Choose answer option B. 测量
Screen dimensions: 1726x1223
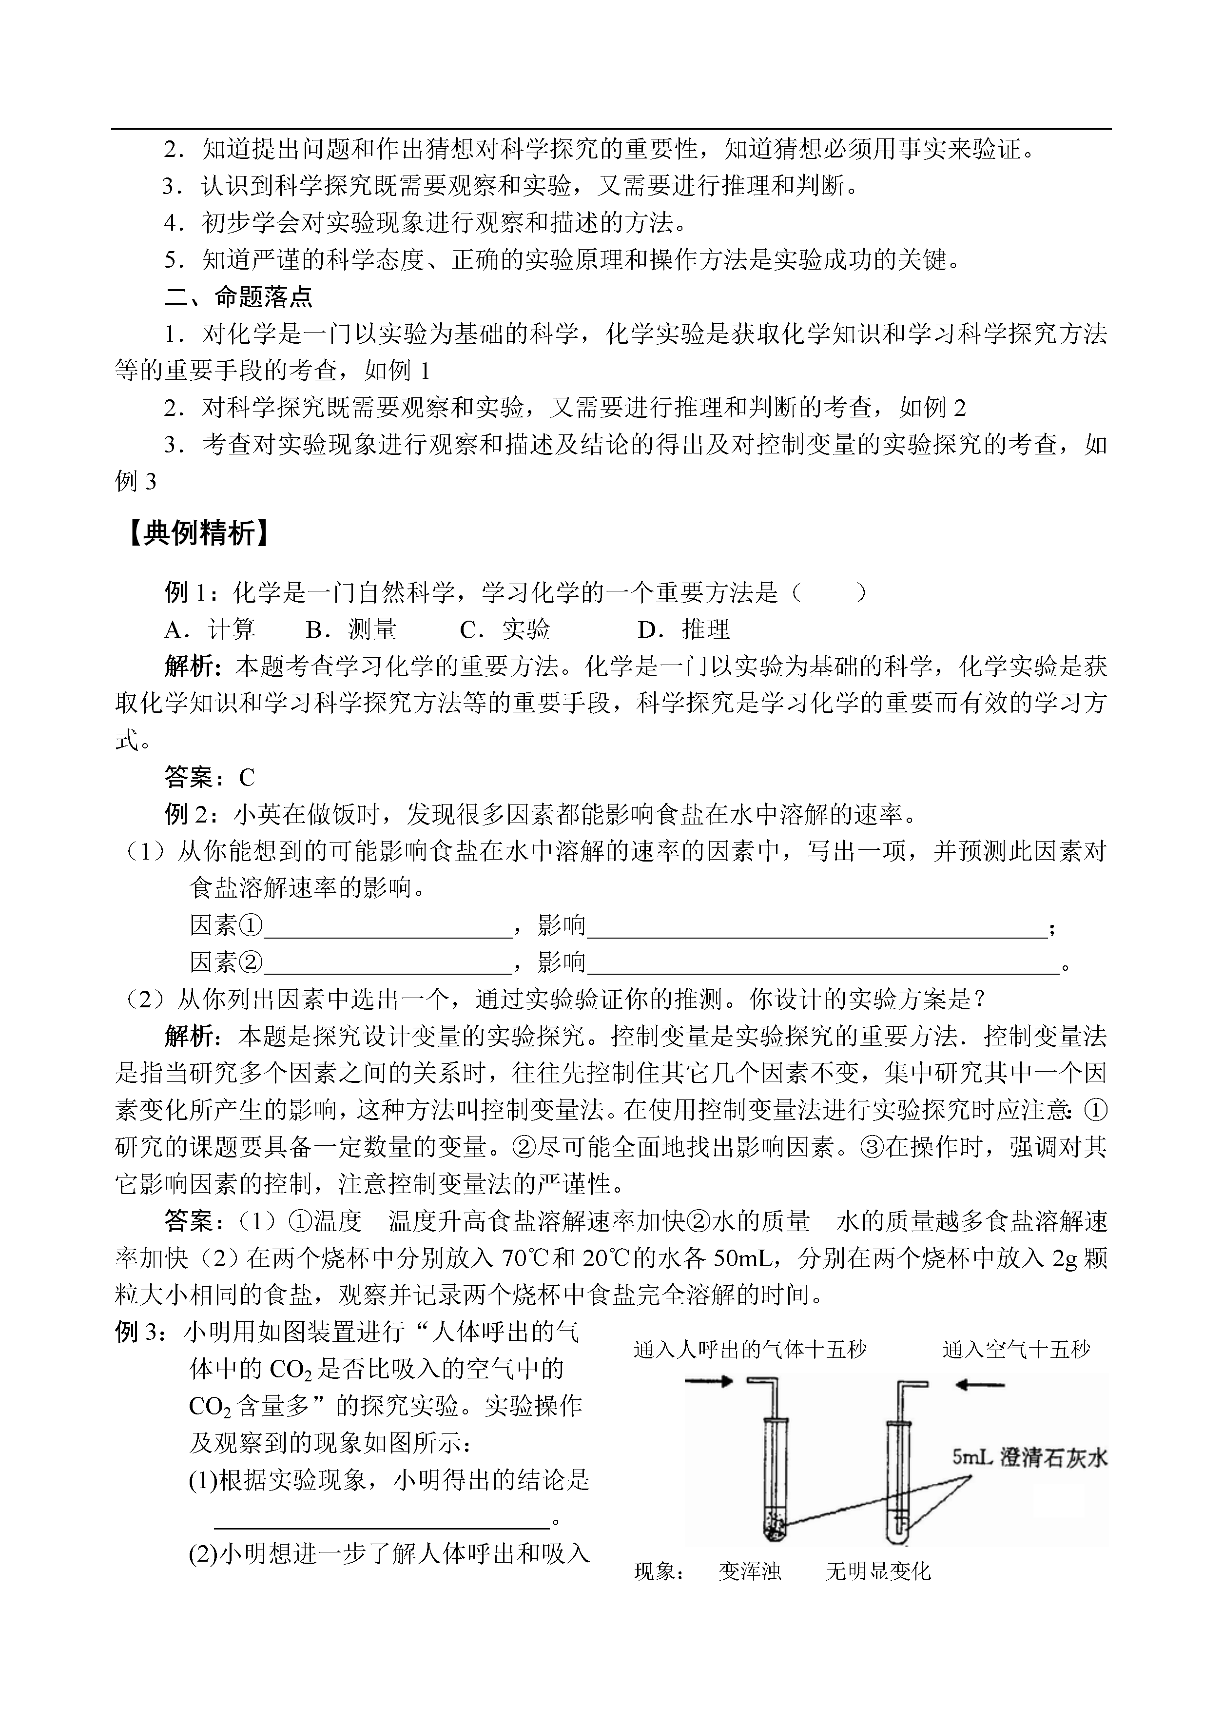click(351, 629)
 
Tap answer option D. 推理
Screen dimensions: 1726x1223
click(684, 629)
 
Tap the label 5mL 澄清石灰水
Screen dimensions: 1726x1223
click(1029, 1458)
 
